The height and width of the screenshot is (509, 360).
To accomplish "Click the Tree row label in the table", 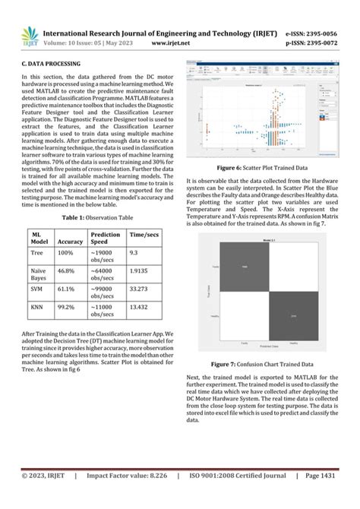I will click(36, 251).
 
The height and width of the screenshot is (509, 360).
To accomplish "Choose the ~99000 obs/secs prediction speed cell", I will click(106, 293).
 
